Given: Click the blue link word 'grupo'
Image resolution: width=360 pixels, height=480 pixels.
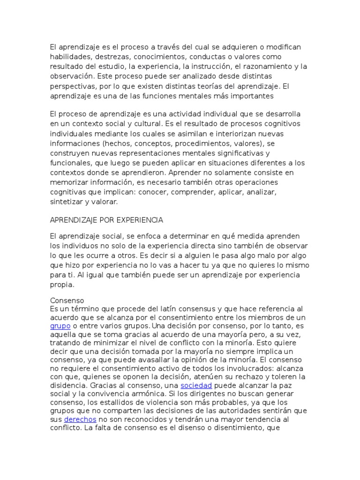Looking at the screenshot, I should coord(60,326).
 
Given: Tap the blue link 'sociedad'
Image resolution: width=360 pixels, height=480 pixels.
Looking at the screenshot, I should coord(196,385).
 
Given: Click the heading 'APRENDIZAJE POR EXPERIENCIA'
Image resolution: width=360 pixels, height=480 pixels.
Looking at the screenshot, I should coord(106,219).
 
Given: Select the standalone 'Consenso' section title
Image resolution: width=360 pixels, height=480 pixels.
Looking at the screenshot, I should coord(67,300).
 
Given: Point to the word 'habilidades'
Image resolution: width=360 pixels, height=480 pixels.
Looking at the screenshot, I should coord(69,57).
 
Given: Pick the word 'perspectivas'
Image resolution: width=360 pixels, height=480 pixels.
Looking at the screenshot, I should coord(72,86).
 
